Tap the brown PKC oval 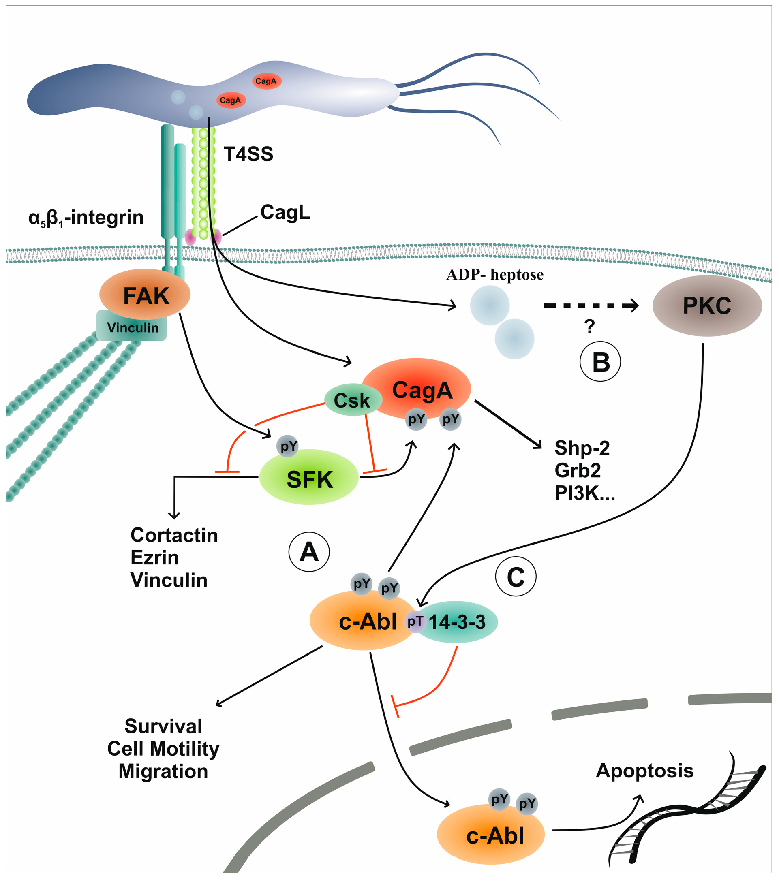(x=706, y=306)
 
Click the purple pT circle (x=415, y=622)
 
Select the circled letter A (x=309, y=552)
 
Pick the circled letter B (x=600, y=362)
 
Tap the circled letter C (x=515, y=577)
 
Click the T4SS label (x=248, y=154)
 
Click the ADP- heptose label (x=494, y=274)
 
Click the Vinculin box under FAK (x=132, y=328)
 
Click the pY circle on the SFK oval (x=288, y=446)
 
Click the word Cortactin (x=174, y=536)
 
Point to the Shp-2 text (x=582, y=448)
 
